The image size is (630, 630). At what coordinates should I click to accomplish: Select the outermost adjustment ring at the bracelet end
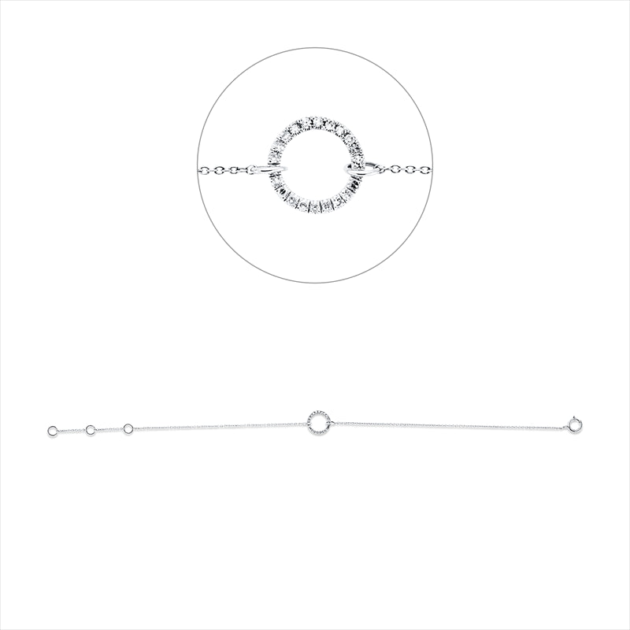coord(53,431)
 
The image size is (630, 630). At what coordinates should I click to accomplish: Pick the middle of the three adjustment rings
coord(91,430)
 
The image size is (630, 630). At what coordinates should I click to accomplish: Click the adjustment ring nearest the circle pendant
coord(128,428)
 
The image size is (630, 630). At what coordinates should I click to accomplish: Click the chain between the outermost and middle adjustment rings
coord(72,431)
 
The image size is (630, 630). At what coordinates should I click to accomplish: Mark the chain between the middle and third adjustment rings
coord(109,429)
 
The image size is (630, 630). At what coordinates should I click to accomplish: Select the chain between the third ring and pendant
coord(220,426)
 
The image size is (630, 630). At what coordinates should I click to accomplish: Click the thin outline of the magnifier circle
coord(196,165)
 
